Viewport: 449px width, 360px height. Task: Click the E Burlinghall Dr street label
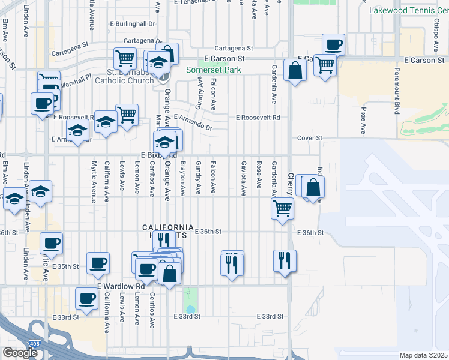[132, 24]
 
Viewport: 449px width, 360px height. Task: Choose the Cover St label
[310, 138]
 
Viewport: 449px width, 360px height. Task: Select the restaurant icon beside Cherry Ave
[285, 261]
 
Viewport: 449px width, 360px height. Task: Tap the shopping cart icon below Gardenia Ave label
[282, 209]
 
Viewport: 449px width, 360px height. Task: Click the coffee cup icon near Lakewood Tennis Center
[333, 44]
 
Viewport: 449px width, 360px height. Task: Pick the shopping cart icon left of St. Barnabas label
[125, 59]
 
